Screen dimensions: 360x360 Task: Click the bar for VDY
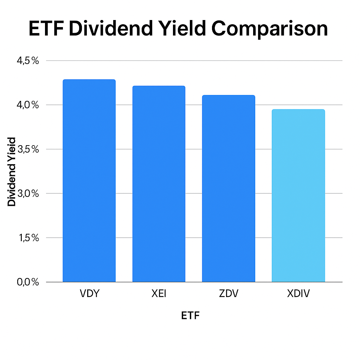tap(89, 181)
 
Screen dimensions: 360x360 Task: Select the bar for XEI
tap(159, 184)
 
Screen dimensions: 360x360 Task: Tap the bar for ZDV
tap(228, 188)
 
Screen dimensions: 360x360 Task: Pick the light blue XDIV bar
tap(298, 195)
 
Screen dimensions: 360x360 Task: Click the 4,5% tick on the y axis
tap(28, 61)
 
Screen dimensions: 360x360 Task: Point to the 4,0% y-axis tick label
tap(28, 105)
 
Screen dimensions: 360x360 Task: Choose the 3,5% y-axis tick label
tap(28, 149)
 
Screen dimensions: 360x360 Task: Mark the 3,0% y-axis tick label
tap(28, 194)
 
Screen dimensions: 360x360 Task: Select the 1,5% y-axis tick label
tap(28, 238)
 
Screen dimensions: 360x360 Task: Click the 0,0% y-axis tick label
tap(28, 282)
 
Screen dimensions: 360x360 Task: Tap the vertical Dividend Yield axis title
tap(12, 172)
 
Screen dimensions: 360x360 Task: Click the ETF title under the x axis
tap(190, 316)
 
